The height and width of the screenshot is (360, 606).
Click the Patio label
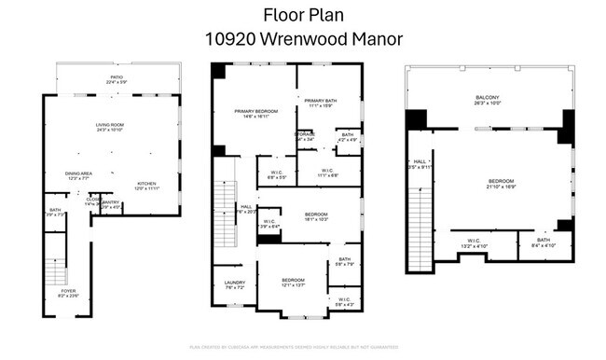pos(117,77)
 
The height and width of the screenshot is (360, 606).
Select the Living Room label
pos(110,125)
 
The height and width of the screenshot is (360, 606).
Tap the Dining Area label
pos(78,173)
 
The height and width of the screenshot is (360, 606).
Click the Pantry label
pos(111,201)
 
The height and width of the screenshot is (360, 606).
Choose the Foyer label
pos(68,290)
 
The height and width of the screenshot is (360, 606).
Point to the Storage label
pos(305,134)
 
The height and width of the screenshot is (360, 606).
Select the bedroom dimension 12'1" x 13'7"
pos(294,286)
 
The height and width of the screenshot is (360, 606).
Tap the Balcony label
pos(488,98)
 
